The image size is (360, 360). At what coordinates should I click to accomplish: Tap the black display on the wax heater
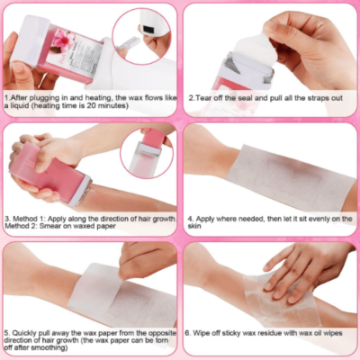click(x=148, y=29)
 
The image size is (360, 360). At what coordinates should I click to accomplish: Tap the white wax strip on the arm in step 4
click(x=290, y=177)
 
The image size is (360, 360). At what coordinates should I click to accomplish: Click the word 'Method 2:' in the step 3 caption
click(x=21, y=226)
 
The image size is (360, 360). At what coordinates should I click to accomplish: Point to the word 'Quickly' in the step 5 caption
click(x=24, y=333)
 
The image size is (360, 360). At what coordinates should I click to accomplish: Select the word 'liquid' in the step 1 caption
click(x=21, y=106)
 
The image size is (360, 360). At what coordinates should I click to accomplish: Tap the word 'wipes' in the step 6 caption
click(x=332, y=333)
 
